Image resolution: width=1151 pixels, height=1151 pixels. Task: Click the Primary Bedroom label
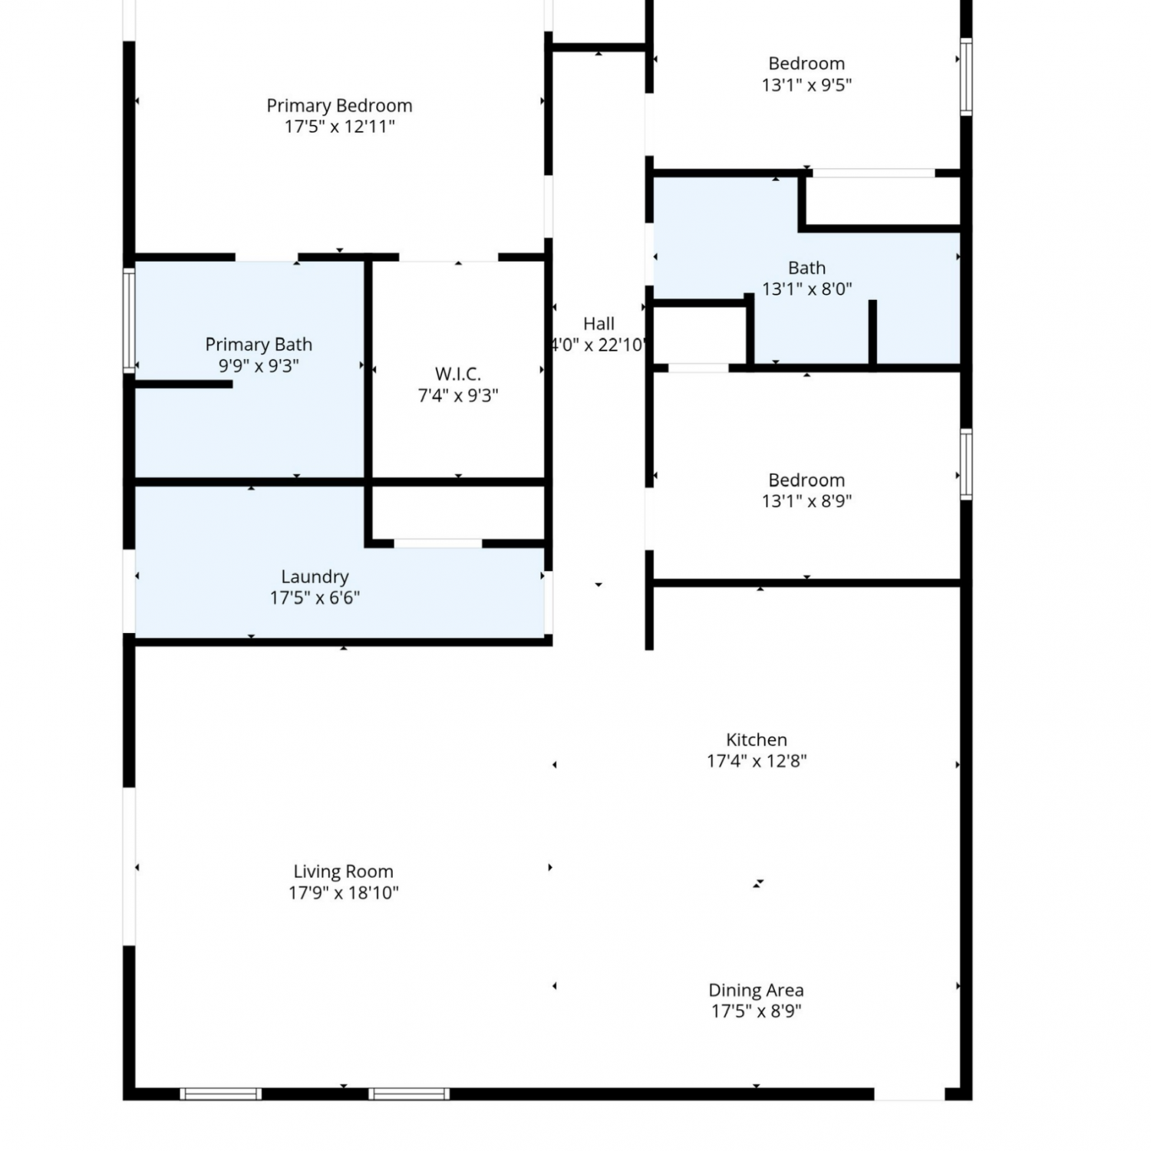(339, 105)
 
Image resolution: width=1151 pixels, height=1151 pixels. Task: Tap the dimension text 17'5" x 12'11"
(339, 127)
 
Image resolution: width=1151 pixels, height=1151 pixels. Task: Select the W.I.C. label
(458, 374)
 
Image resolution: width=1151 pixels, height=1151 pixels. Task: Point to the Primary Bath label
(259, 345)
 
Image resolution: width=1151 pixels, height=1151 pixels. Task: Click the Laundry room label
(315, 577)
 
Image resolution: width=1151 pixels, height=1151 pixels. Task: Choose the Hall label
(599, 324)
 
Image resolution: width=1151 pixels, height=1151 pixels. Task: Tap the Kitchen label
(757, 740)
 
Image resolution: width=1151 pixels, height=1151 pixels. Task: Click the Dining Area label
(756, 991)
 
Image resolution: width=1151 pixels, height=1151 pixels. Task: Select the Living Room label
(343, 872)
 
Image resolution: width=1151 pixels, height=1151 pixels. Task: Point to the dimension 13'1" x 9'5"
(806, 85)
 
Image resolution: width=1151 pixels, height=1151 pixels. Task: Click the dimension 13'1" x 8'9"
(806, 501)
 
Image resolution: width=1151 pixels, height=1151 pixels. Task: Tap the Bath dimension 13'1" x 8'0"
(806, 289)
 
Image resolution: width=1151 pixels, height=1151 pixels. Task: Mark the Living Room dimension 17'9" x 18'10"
(343, 893)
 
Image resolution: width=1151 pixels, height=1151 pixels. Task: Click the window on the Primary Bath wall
(130, 321)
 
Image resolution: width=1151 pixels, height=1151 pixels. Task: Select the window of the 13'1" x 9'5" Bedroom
(966, 77)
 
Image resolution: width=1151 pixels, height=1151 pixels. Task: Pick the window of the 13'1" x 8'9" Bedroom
(966, 464)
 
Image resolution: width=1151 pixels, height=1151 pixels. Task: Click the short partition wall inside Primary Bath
(183, 384)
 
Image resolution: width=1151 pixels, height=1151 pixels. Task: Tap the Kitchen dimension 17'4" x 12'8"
(757, 761)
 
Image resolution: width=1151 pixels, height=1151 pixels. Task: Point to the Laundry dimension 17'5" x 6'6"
(315, 599)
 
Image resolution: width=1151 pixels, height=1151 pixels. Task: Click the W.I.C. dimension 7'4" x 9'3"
(458, 396)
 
